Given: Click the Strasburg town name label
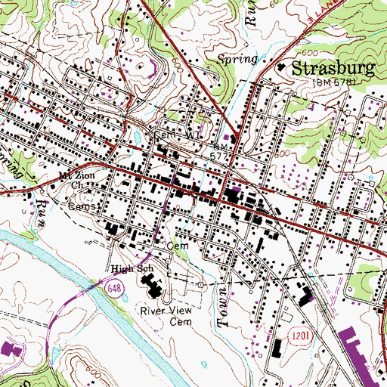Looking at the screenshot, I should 333,69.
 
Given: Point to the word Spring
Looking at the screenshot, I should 237,58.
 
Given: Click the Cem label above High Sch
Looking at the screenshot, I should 176,246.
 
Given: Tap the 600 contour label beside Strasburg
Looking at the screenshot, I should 308,54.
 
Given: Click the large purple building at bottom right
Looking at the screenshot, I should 366,358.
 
